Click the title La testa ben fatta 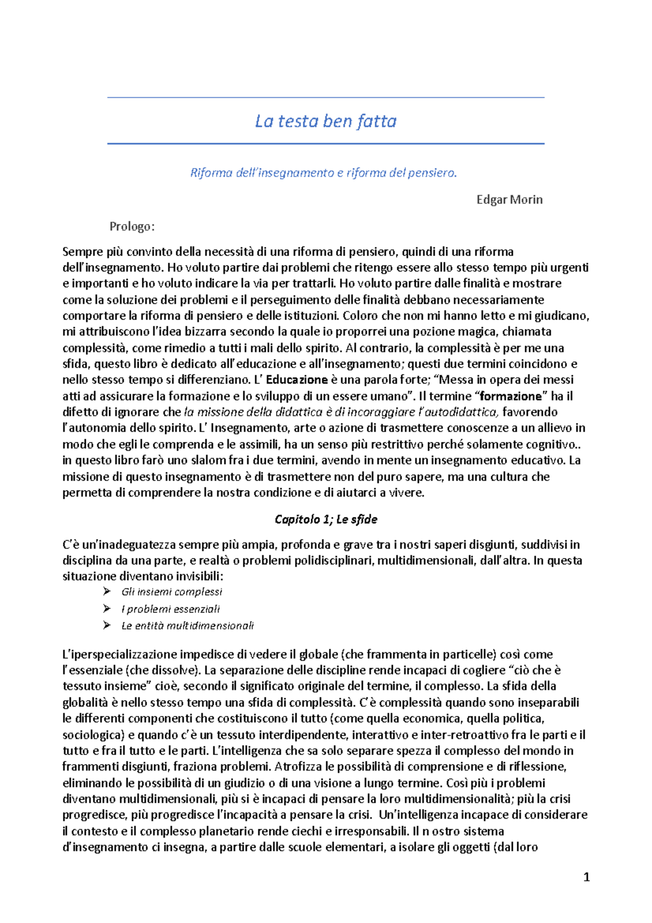325,121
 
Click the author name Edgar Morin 509,199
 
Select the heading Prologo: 132,227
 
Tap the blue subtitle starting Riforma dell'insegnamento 324,173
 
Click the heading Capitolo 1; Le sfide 325,519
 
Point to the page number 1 586,877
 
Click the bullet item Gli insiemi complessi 172,592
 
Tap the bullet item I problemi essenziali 171,609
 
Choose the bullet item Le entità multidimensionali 187,626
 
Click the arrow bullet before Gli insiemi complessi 107,591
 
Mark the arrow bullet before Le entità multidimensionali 107,625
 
